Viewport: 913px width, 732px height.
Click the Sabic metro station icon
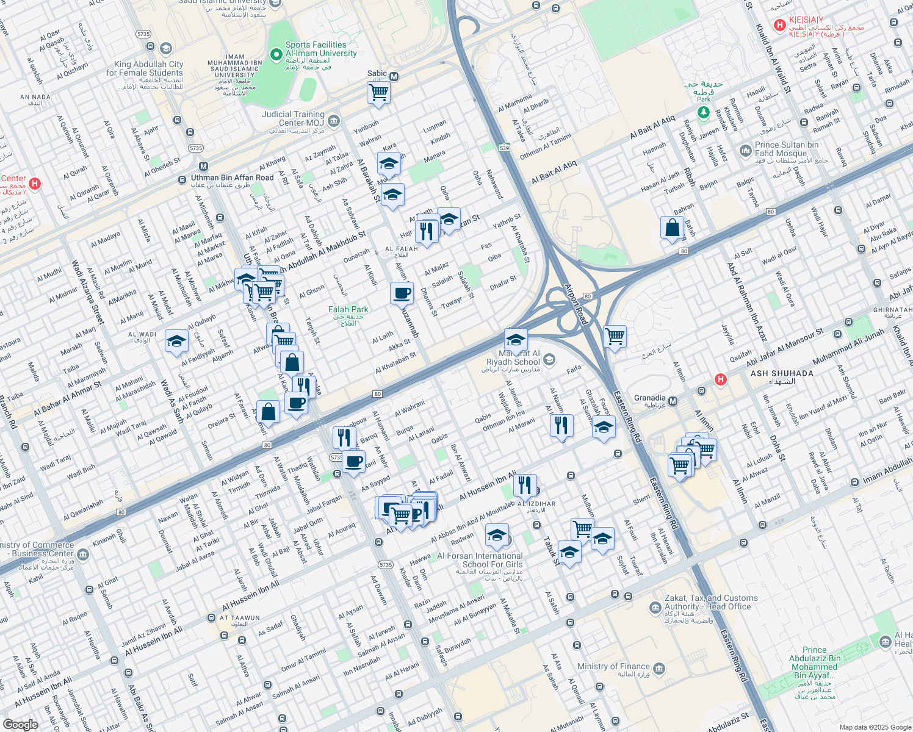click(394, 77)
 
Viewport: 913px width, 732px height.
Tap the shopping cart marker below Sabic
click(378, 93)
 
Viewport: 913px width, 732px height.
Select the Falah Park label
click(348, 310)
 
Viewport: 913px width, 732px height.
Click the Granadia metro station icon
click(673, 401)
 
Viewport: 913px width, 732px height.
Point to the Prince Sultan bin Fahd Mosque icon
click(745, 150)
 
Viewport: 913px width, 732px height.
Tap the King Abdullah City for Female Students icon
click(165, 48)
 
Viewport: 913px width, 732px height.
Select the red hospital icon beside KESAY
click(779, 25)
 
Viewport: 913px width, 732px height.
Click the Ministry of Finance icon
click(659, 669)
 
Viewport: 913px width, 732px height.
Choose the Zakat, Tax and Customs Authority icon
click(655, 608)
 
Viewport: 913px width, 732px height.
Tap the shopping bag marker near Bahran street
click(672, 228)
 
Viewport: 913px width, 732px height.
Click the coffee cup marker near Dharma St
click(402, 293)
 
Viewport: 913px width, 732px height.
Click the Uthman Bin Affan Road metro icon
click(203, 167)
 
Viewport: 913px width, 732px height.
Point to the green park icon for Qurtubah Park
click(704, 112)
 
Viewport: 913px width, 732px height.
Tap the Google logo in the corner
click(20, 724)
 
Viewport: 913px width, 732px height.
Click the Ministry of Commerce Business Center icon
click(83, 554)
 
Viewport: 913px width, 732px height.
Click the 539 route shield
click(504, 148)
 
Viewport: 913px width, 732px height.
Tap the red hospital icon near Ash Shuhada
click(721, 379)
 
